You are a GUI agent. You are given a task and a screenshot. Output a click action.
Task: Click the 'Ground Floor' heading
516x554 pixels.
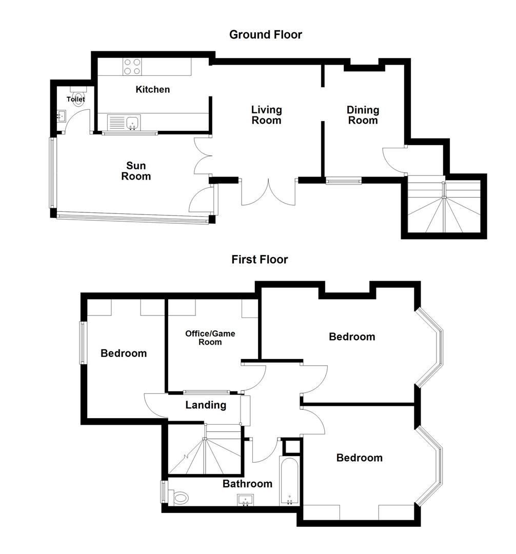tap(265, 35)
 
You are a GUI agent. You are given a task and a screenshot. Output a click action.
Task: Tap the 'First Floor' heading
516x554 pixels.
tap(260, 260)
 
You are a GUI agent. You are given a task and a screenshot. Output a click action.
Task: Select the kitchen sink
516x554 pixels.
tap(132, 123)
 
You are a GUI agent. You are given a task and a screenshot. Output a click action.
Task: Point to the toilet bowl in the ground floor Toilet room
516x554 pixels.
tap(78, 101)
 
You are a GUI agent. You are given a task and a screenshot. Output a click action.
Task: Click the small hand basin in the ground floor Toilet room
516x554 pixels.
tap(62, 116)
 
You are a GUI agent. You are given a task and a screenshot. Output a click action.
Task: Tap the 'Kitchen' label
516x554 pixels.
tap(152, 90)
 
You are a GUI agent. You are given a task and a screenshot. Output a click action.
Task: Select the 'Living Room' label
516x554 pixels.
tap(266, 115)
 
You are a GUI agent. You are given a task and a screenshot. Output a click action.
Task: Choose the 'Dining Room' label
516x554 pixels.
tap(363, 115)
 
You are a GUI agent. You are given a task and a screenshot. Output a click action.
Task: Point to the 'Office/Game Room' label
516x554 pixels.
tap(210, 338)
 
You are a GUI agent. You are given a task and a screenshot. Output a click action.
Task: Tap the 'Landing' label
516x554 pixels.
tap(206, 405)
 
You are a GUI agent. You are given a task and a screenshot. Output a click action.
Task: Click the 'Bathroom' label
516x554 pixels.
tap(247, 484)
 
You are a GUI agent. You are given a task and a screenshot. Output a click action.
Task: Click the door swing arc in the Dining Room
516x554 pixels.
tap(392, 160)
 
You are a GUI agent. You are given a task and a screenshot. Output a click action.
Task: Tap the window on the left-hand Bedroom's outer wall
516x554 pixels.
tap(81, 343)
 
